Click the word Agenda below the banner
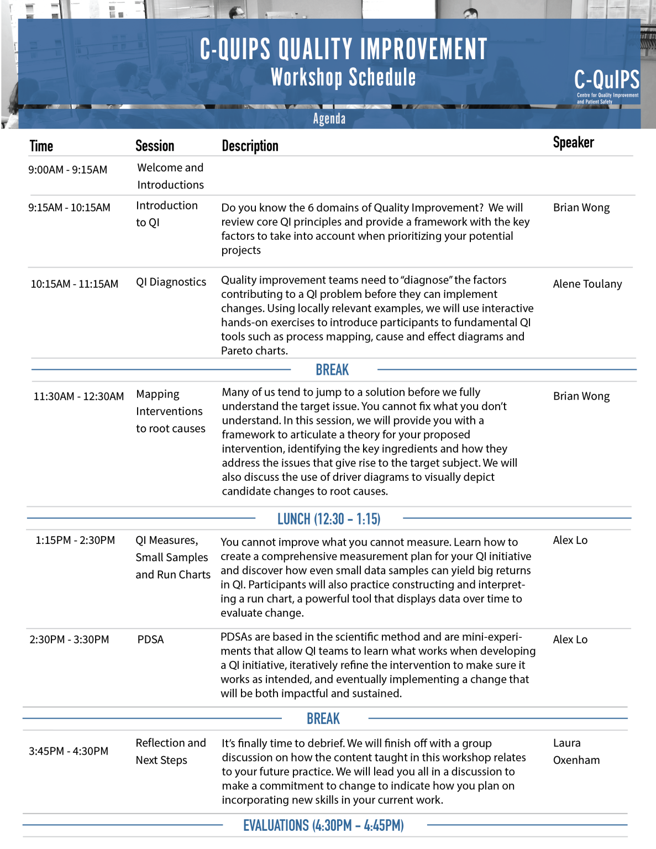pos(329,119)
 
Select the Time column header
pos(41,146)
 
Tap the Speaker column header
pos(573,143)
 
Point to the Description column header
pos(250,146)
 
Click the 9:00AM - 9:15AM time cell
pos(68,170)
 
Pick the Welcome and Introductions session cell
pos(170,176)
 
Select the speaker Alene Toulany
pos(587,284)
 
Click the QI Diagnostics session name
pos(171,282)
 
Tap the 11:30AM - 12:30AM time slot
pos(78,396)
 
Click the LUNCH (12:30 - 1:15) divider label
pos(329,519)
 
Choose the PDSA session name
pos(150,640)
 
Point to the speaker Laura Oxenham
pos(576,751)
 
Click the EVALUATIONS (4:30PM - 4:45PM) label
pos(323,826)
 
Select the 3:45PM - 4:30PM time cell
pos(69,751)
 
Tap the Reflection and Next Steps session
pos(170,751)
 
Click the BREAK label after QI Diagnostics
pos(332,370)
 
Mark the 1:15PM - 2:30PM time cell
pos(75,540)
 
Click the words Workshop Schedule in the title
pos(343,78)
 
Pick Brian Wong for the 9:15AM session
pos(581,208)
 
